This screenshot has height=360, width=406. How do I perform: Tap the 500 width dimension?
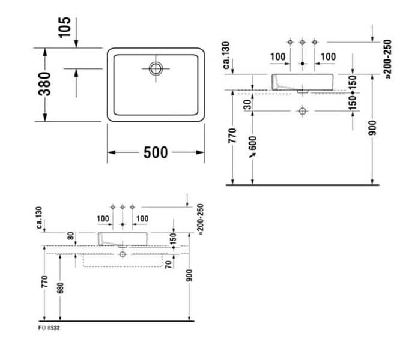click(x=156, y=153)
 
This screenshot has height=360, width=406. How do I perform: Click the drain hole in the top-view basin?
click(x=156, y=68)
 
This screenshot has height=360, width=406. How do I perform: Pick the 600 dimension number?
click(x=253, y=143)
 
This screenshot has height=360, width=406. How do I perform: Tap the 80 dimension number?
click(x=70, y=236)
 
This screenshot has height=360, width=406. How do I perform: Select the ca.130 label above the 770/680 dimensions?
click(x=40, y=218)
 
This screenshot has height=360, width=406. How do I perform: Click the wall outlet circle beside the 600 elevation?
click(x=303, y=111)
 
